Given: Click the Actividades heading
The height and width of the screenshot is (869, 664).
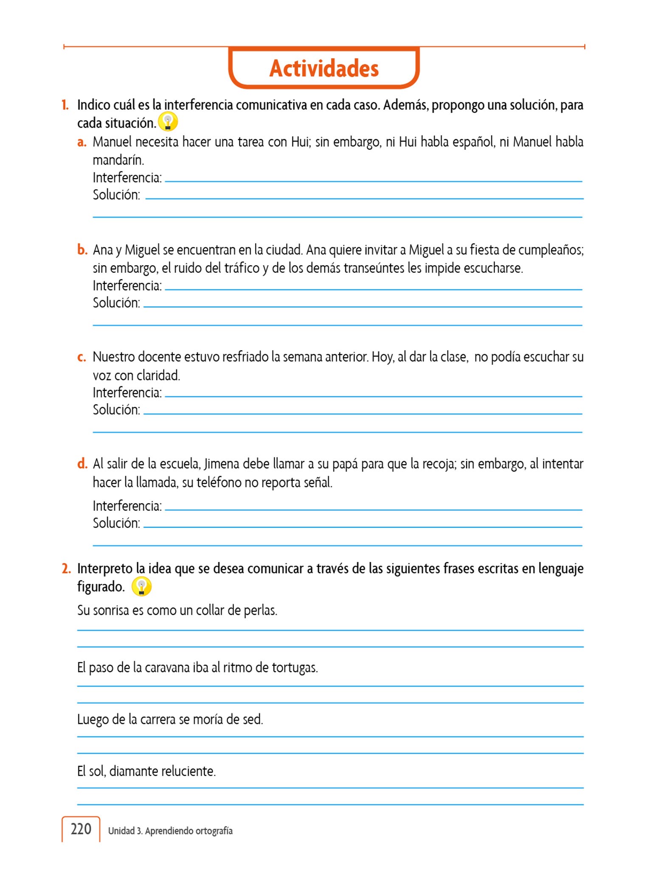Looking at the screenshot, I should tap(324, 69).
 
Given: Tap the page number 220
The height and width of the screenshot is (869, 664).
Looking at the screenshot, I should tap(81, 829).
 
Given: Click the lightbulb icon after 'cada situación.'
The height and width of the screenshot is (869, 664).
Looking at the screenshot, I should tap(168, 121).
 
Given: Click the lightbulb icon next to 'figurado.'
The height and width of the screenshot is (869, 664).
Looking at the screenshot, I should tap(141, 586).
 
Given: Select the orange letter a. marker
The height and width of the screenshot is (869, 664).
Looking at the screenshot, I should tap(82, 142).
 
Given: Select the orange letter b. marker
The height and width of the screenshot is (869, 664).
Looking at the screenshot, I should tap(82, 249).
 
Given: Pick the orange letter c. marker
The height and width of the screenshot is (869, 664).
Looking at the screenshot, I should tap(82, 357).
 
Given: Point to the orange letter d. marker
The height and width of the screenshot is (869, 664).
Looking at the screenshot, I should tap(82, 464).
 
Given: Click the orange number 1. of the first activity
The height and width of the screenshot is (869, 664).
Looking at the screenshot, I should tap(65, 105).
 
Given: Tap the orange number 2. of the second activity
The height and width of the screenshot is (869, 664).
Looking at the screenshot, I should tap(66, 569).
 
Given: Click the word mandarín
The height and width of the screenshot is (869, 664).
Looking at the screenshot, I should tap(118, 160).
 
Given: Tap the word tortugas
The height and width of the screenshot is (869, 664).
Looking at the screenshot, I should tap(295, 667).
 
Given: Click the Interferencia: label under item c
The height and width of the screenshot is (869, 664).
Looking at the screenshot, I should tap(127, 393).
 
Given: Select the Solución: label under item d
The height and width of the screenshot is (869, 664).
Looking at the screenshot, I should tap(116, 523).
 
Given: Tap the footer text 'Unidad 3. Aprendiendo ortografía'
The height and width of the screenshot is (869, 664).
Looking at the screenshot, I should tap(170, 831).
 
